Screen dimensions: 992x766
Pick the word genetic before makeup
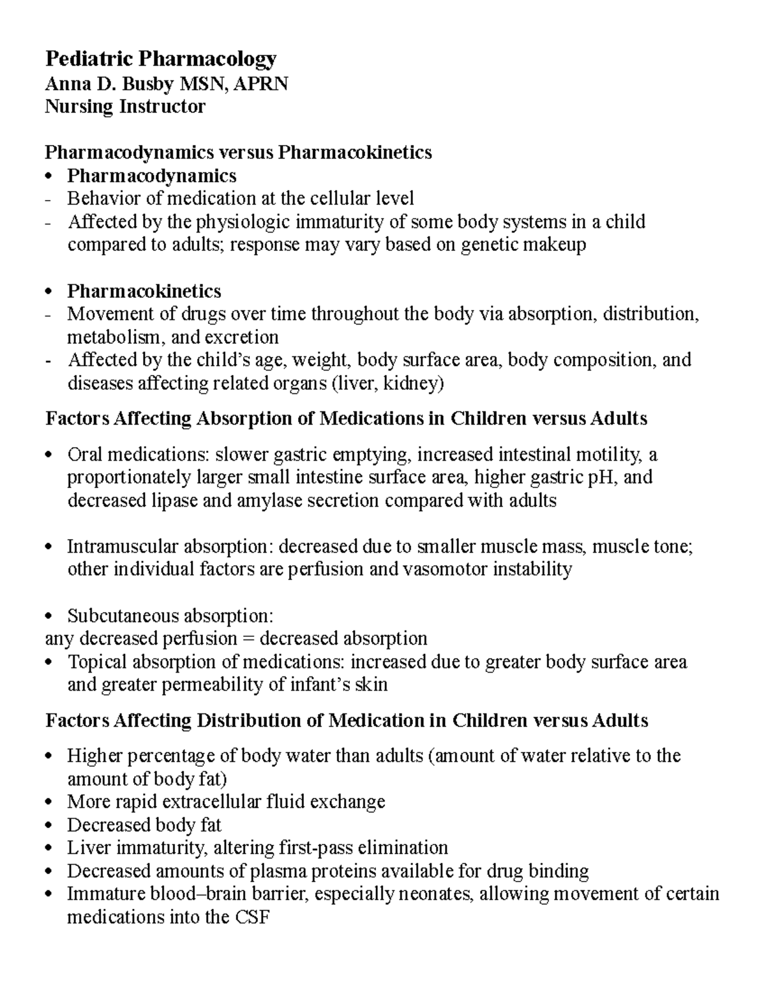[490, 245]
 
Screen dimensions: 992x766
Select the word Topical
[97, 662]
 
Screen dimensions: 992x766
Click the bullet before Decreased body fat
[52, 826]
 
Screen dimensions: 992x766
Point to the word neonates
[434, 894]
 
